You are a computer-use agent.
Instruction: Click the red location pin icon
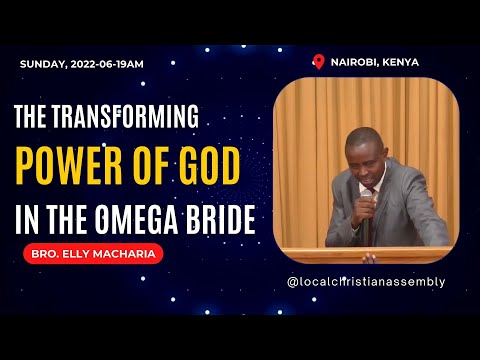pyautogui.click(x=319, y=62)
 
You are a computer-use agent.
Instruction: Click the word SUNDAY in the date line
pyautogui.click(x=41, y=64)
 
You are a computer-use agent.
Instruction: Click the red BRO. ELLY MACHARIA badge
pyautogui.click(x=92, y=254)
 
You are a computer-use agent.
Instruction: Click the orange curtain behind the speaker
pyautogui.click(x=310, y=150)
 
